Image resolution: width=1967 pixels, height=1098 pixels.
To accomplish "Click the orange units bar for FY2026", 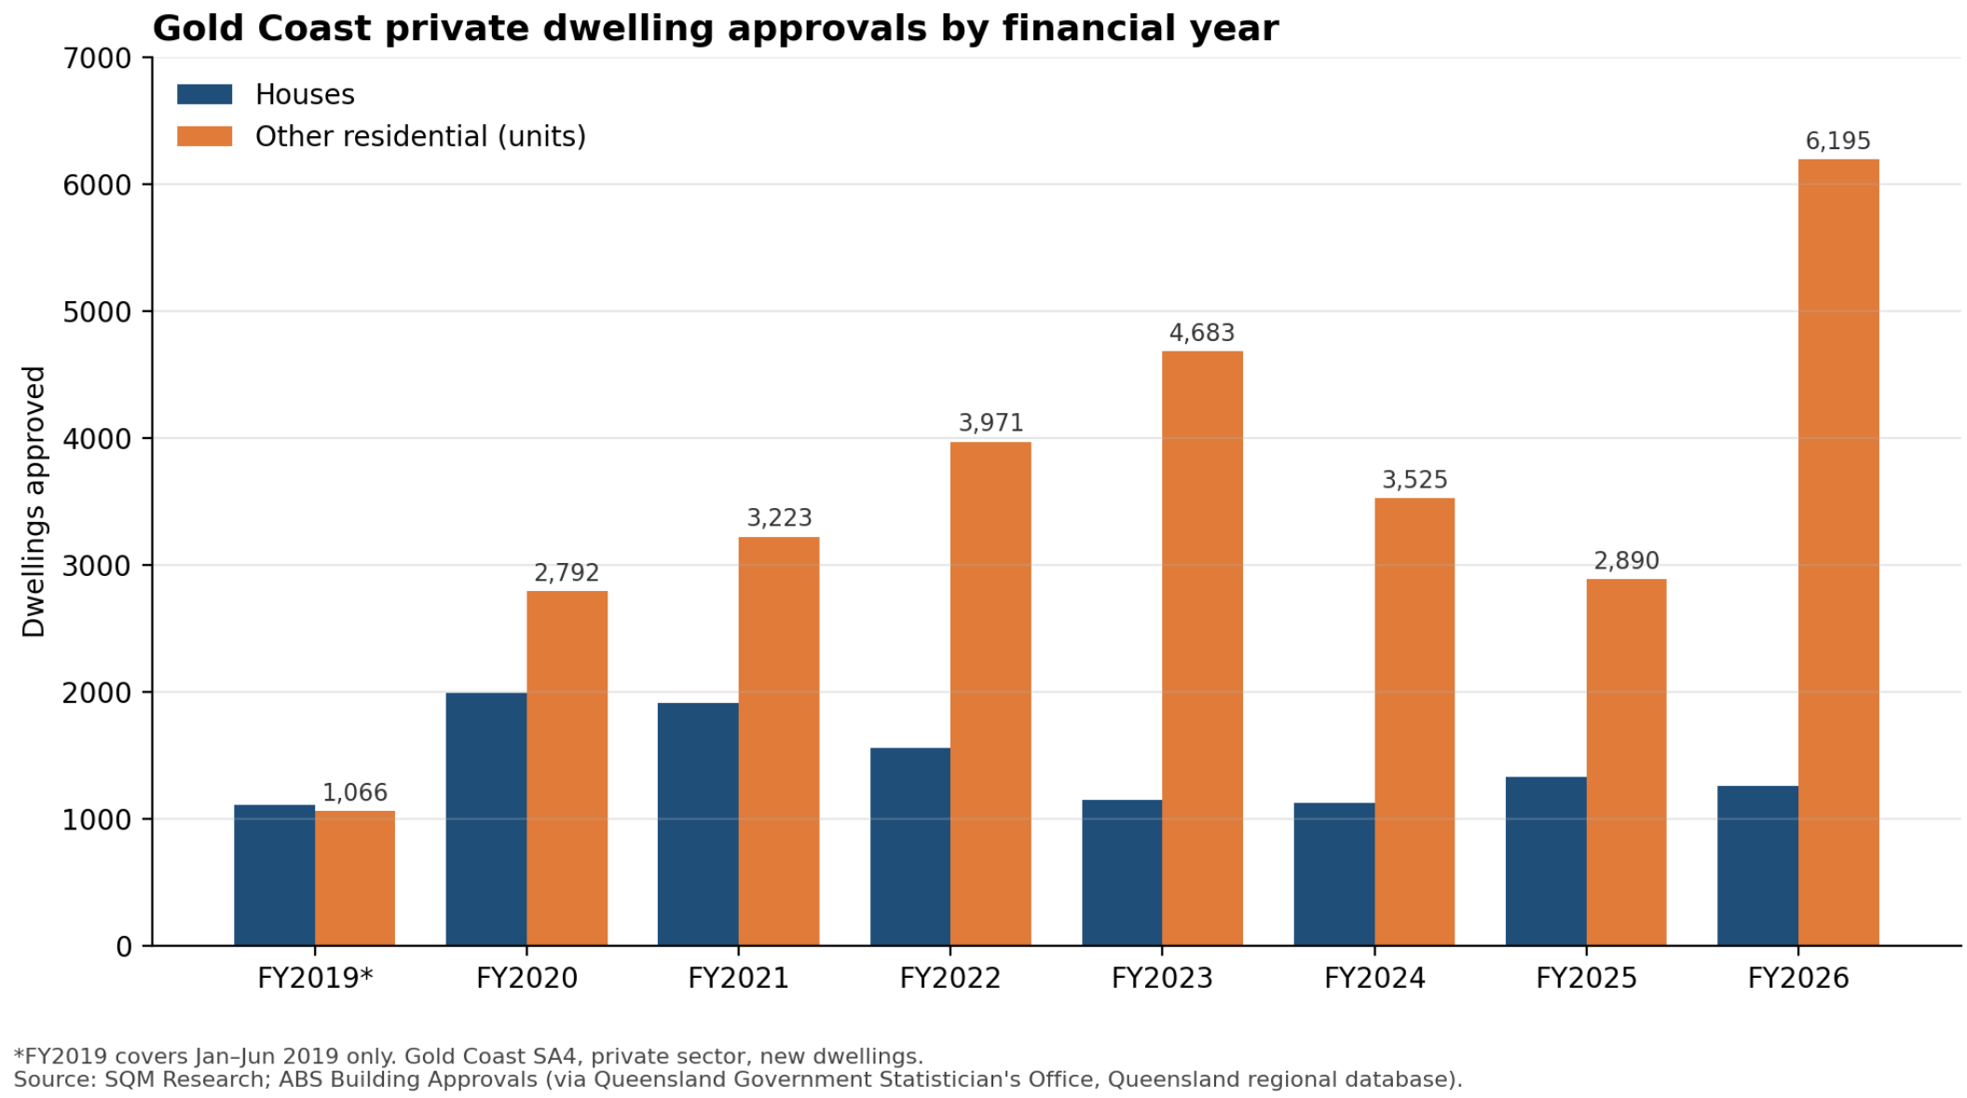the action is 1837,552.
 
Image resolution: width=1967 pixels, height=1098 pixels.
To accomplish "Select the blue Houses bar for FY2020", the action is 486,818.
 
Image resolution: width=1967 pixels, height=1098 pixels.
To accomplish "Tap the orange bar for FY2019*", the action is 355,878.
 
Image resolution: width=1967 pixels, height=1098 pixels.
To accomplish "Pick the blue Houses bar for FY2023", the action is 1122,872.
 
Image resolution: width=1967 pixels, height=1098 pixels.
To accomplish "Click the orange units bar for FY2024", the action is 1414,721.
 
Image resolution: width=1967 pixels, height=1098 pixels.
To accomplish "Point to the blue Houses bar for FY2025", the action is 1546,861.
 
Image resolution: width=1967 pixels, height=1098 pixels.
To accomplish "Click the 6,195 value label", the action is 1837,141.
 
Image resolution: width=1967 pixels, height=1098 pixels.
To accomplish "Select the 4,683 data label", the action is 1202,333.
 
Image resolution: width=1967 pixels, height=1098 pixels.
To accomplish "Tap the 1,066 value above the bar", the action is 355,792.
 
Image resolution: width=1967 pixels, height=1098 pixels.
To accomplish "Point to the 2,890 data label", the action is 1626,560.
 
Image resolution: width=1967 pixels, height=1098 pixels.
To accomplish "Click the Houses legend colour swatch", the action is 205,94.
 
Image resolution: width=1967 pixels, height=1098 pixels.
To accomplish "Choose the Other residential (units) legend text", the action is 420,136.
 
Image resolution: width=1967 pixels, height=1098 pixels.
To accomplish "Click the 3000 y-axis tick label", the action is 97,566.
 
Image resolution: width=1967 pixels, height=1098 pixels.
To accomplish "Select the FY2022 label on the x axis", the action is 949,978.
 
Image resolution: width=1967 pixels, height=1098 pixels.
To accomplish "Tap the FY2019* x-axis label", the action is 315,978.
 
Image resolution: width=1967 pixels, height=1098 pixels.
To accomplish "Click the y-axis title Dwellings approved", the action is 34,501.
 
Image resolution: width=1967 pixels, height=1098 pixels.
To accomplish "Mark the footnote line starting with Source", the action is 738,1079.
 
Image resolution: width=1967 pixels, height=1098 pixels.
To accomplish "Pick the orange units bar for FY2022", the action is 990,693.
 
